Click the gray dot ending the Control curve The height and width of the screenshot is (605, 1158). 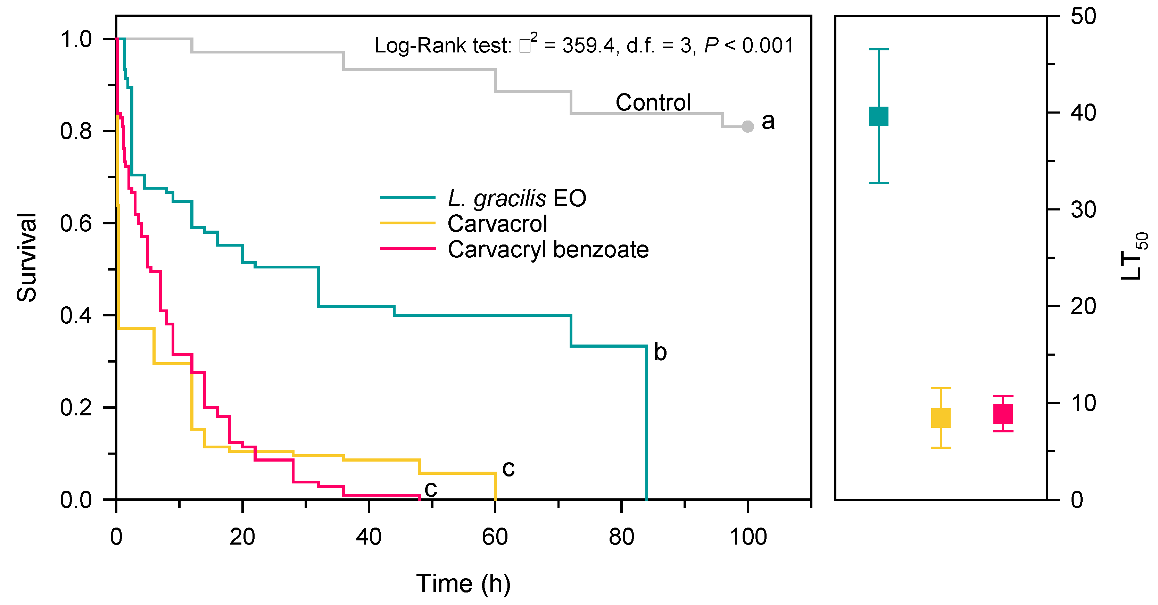pos(747,127)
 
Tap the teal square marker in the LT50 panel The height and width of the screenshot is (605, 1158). pos(878,116)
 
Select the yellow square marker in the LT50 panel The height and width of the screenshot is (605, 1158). pos(941,417)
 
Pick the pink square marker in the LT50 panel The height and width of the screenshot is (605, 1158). pos(1003,414)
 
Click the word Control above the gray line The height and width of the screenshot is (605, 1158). pos(653,102)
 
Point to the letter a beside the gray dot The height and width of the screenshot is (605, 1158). pos(768,121)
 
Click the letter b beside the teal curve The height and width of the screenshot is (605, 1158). pos(660,352)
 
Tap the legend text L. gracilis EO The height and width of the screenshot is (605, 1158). pos(517,198)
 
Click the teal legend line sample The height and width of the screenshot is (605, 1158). pos(408,197)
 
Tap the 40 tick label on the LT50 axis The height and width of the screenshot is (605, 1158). pos(1083,113)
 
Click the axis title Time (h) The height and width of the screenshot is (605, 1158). pos(463,583)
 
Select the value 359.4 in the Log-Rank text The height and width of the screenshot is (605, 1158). pos(588,46)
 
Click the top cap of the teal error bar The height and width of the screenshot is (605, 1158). pos(878,49)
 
